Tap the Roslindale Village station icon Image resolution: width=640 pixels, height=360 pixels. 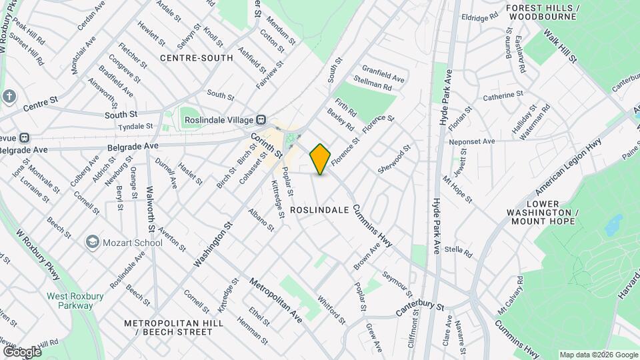pyautogui.click(x=262, y=120)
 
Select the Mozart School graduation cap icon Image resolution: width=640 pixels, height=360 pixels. pyautogui.click(x=93, y=242)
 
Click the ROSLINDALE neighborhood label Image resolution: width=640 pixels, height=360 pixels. pyautogui.click(x=320, y=209)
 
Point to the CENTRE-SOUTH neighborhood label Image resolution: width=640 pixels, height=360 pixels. pyautogui.click(x=197, y=58)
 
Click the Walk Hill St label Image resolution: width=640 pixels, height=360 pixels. pyautogui.click(x=559, y=46)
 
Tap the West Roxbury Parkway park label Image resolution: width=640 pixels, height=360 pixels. pyautogui.click(x=69, y=301)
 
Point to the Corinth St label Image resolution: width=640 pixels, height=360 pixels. pyautogui.click(x=267, y=145)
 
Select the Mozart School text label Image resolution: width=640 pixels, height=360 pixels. pyautogui.click(x=133, y=243)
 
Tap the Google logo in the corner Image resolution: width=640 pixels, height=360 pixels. pyautogui.click(x=22, y=351)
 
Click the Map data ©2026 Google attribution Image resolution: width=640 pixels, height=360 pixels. pyautogui.click(x=599, y=355)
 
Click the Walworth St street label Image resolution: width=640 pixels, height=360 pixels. pyautogui.click(x=151, y=210)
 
